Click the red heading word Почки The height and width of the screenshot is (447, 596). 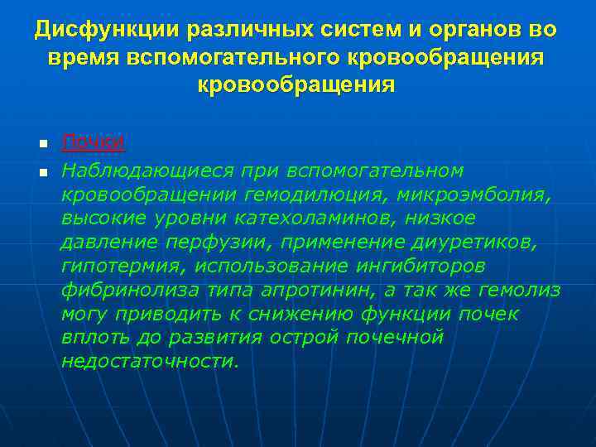point(94,142)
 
